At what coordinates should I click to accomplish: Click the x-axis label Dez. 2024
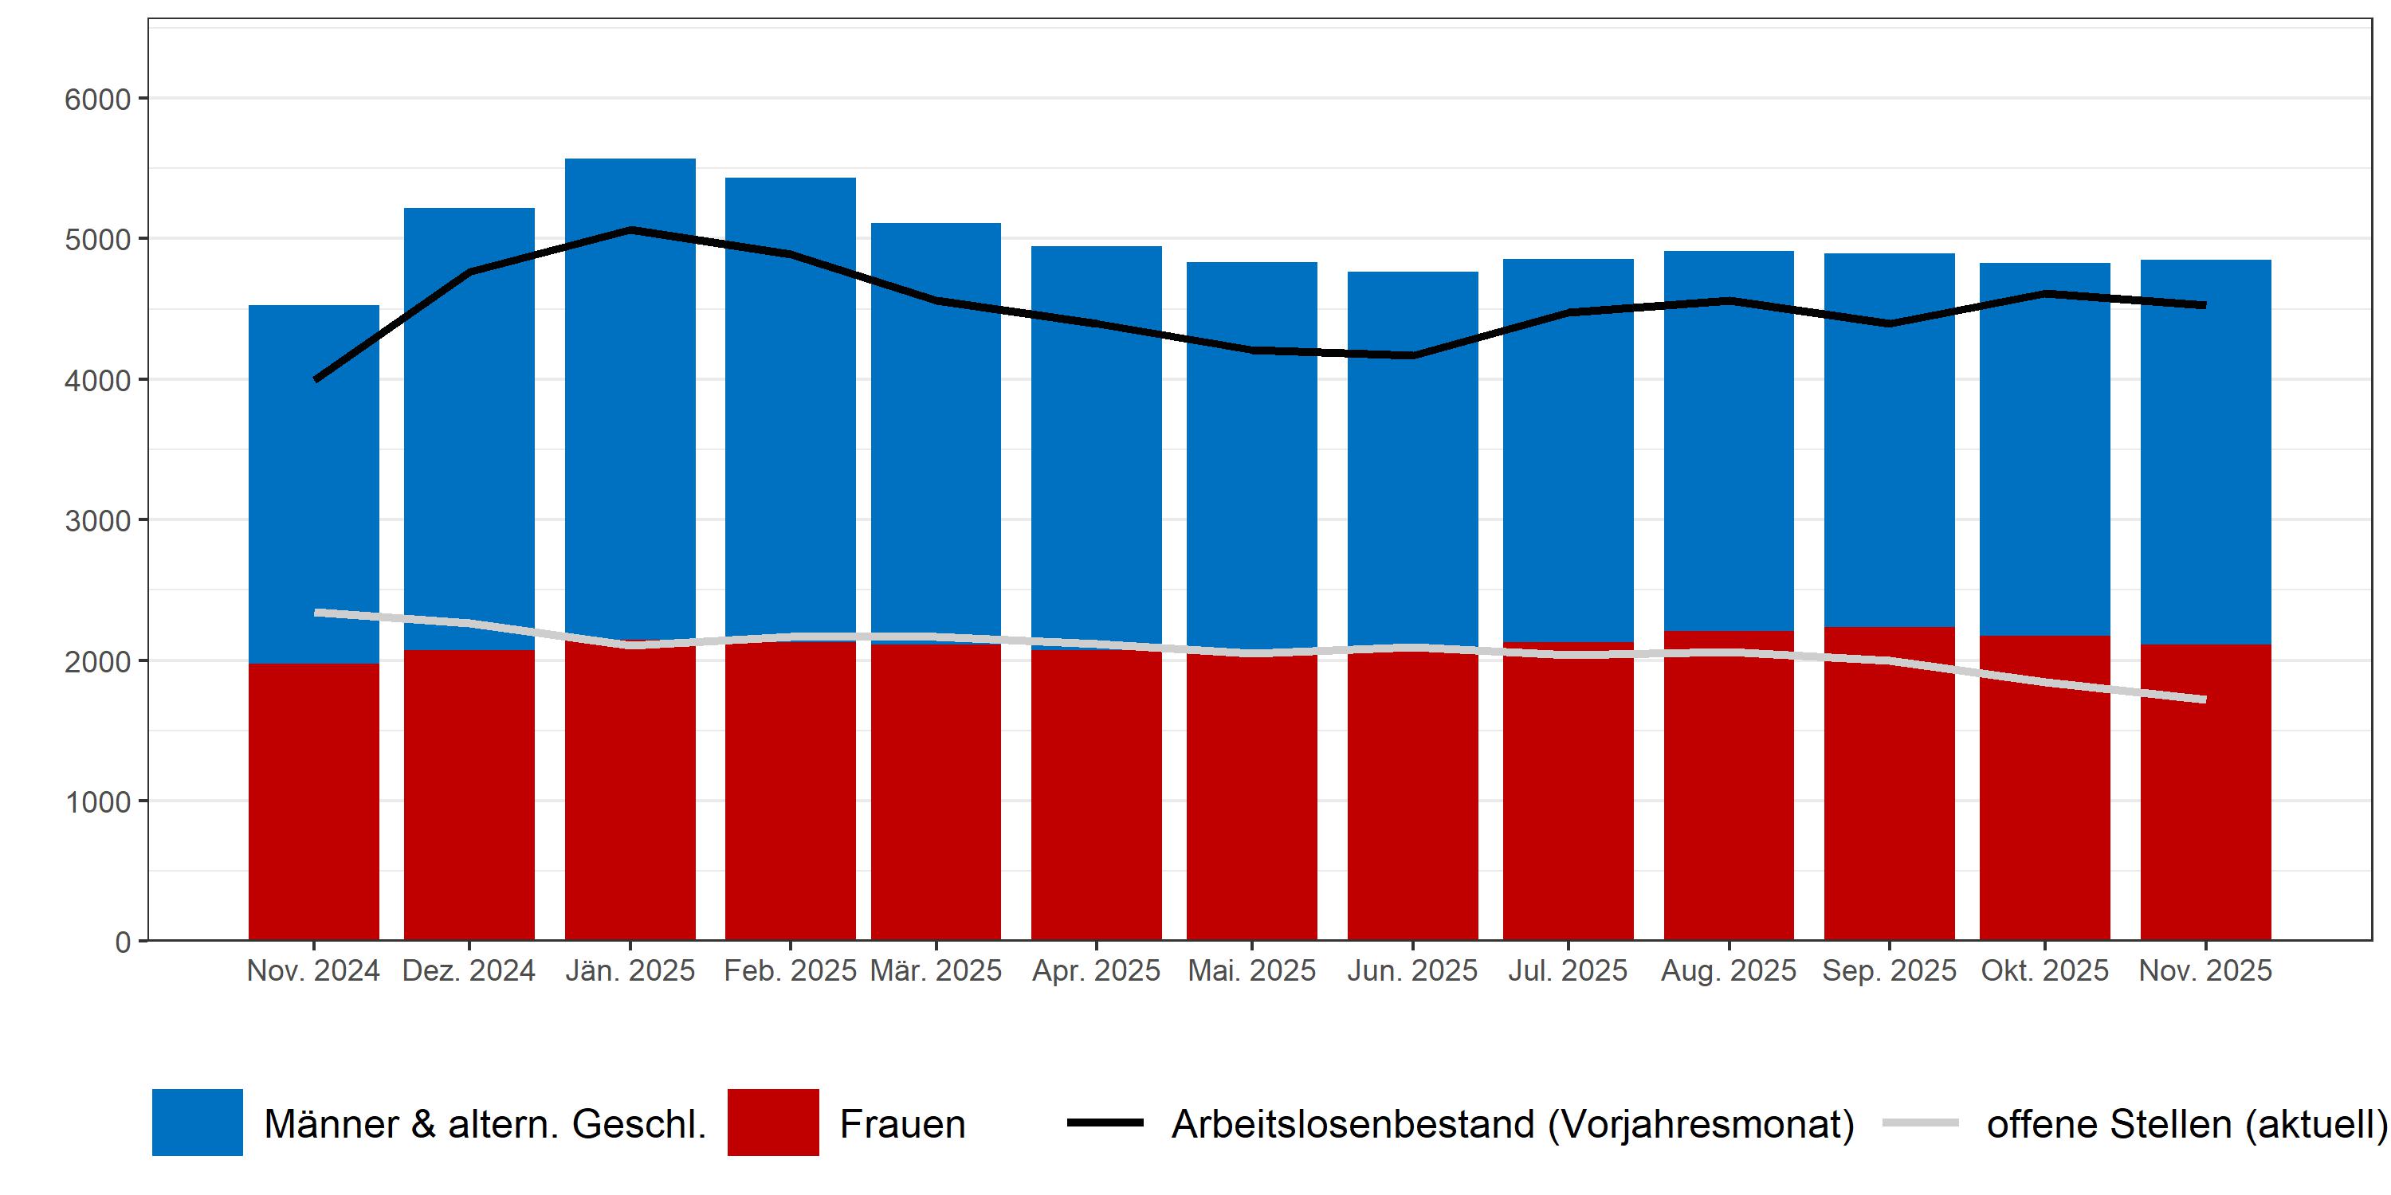click(469, 970)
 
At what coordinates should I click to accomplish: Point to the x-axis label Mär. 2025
click(936, 970)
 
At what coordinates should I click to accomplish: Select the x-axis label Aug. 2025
click(1728, 970)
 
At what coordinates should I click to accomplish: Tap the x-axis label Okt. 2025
click(2045, 970)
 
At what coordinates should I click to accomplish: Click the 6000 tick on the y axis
click(97, 100)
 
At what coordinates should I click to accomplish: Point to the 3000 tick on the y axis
click(97, 520)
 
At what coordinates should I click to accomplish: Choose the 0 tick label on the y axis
click(123, 942)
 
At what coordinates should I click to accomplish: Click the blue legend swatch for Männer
click(198, 1123)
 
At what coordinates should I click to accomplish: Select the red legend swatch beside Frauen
click(773, 1123)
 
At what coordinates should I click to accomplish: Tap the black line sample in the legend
click(1105, 1123)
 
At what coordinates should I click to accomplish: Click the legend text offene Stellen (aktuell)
click(2186, 1124)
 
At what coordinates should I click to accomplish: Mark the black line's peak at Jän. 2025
click(630, 229)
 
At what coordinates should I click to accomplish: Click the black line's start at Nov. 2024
click(316, 378)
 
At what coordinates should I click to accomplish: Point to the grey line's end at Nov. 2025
click(2204, 699)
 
